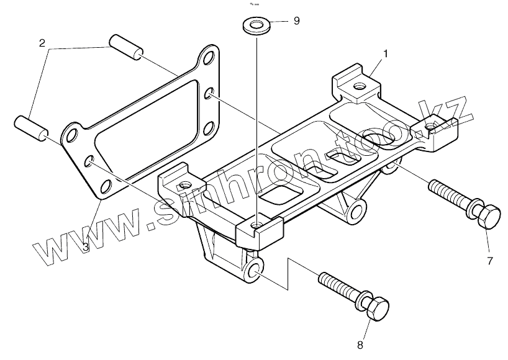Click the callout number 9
[296, 21]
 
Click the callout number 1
[385, 55]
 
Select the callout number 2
[42, 43]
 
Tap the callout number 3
[86, 246]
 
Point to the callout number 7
[489, 261]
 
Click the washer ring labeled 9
[254, 26]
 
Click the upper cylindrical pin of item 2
[126, 48]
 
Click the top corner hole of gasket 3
[209, 59]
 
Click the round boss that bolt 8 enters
[255, 270]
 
